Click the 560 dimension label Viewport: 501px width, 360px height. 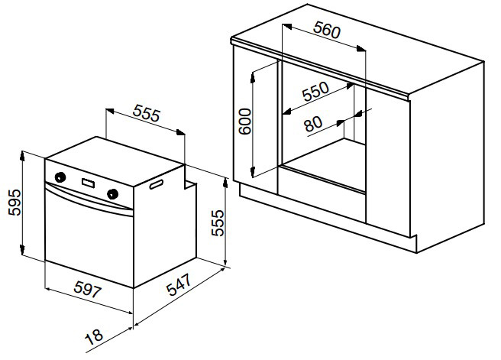tap(327, 30)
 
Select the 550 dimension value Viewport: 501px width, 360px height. tap(315, 92)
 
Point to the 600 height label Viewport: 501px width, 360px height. tap(245, 122)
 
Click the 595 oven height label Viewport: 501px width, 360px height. tap(15, 203)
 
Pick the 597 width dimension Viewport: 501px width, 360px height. tap(88, 290)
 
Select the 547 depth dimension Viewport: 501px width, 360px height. tap(179, 284)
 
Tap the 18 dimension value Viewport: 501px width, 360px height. tap(95, 336)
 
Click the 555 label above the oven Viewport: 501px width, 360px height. tap(146, 113)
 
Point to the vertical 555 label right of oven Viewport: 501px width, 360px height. tap(218, 223)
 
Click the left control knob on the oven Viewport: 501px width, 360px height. tap(60, 177)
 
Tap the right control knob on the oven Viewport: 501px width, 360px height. tap(112, 193)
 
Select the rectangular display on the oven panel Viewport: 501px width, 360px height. tap(88, 183)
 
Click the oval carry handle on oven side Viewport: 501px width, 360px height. tap(157, 184)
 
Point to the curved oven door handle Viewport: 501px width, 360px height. tap(89, 199)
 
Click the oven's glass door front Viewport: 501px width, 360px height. tap(89, 242)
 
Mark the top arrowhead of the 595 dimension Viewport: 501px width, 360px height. tap(22, 156)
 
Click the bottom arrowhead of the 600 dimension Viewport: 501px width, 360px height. tap(253, 172)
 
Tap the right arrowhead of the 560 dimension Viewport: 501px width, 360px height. tap(361, 49)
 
